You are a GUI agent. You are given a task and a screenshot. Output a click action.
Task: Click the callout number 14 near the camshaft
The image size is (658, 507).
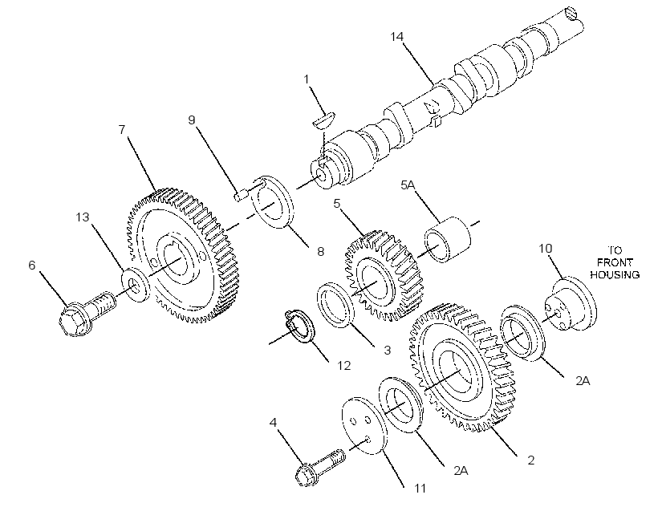(x=396, y=37)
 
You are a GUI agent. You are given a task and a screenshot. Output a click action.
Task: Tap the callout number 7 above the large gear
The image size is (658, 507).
(x=122, y=130)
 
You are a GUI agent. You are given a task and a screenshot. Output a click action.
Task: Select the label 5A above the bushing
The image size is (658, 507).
(x=408, y=185)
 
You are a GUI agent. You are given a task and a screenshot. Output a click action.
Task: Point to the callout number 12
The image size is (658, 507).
(x=343, y=366)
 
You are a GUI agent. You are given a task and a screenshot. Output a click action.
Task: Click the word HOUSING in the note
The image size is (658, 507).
(x=615, y=274)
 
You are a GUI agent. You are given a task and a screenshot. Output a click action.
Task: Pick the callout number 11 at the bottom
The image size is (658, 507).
(x=420, y=488)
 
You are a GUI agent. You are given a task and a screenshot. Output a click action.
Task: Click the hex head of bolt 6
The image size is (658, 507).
(x=74, y=321)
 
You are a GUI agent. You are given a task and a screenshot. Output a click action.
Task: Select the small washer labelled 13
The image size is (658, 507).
(x=135, y=284)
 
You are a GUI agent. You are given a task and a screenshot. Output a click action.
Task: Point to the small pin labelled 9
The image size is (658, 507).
(x=240, y=196)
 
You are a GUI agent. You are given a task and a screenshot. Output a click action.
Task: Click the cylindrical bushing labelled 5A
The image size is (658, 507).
(x=447, y=239)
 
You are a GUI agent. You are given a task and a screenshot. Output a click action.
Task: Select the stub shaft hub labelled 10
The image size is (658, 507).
(x=570, y=302)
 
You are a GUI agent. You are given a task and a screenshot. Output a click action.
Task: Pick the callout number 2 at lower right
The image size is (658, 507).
(x=531, y=460)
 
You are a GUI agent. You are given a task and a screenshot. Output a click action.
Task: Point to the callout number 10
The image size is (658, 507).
(x=545, y=249)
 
